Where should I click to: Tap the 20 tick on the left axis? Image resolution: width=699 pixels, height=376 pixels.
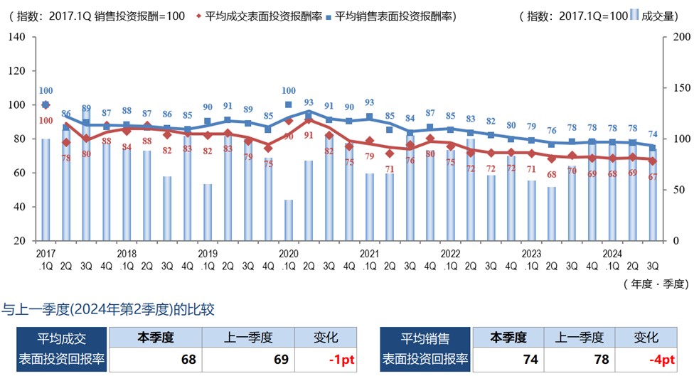coord(21,241)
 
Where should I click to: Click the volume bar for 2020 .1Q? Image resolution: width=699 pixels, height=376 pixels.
coord(289,220)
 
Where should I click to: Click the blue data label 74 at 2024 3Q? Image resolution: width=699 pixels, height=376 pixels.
coord(653,134)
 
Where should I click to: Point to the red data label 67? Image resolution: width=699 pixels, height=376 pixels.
coord(653,176)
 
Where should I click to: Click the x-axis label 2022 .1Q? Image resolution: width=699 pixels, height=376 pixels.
coord(450,258)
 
